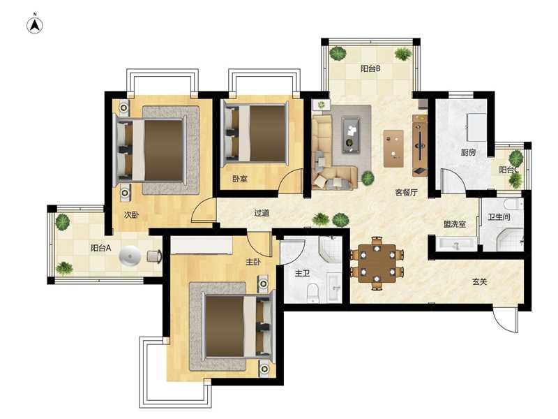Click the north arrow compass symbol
pyautogui.click(x=35, y=25)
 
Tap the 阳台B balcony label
pyautogui.click(x=370, y=68)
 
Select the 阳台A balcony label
pyautogui.click(x=100, y=248)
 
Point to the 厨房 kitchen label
pyautogui.click(x=468, y=152)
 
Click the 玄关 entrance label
pyautogui.click(x=479, y=282)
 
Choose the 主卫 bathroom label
pyautogui.click(x=302, y=273)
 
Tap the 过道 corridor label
pyautogui.click(x=262, y=213)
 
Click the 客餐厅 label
pyautogui.click(x=407, y=193)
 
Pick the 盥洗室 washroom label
pyautogui.click(x=455, y=224)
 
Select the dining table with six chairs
pyautogui.click(x=377, y=263)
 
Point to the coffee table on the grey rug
pyautogui.click(x=352, y=135)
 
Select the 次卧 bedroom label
pyautogui.click(x=131, y=215)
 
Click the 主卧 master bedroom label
pyautogui.click(x=253, y=262)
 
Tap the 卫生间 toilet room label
pyautogui.click(x=499, y=216)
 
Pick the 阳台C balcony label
pyautogui.click(x=508, y=170)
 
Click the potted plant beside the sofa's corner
pyautogui.click(x=368, y=177)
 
